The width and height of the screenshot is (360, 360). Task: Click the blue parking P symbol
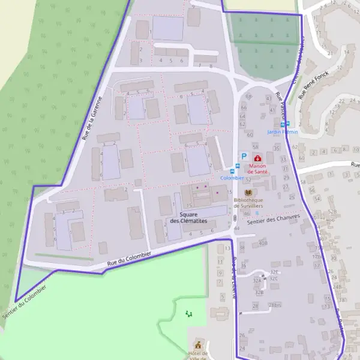click(244, 155)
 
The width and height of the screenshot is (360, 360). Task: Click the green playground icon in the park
click(190, 313)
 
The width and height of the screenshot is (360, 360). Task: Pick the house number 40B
click(262, 242)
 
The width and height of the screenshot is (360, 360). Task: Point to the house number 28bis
click(275, 305)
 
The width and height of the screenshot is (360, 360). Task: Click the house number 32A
click(257, 280)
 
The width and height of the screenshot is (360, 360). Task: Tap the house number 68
click(250, 97)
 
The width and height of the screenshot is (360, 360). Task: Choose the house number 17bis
click(317, 257)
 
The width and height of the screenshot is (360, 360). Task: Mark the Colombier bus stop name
click(232, 178)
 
